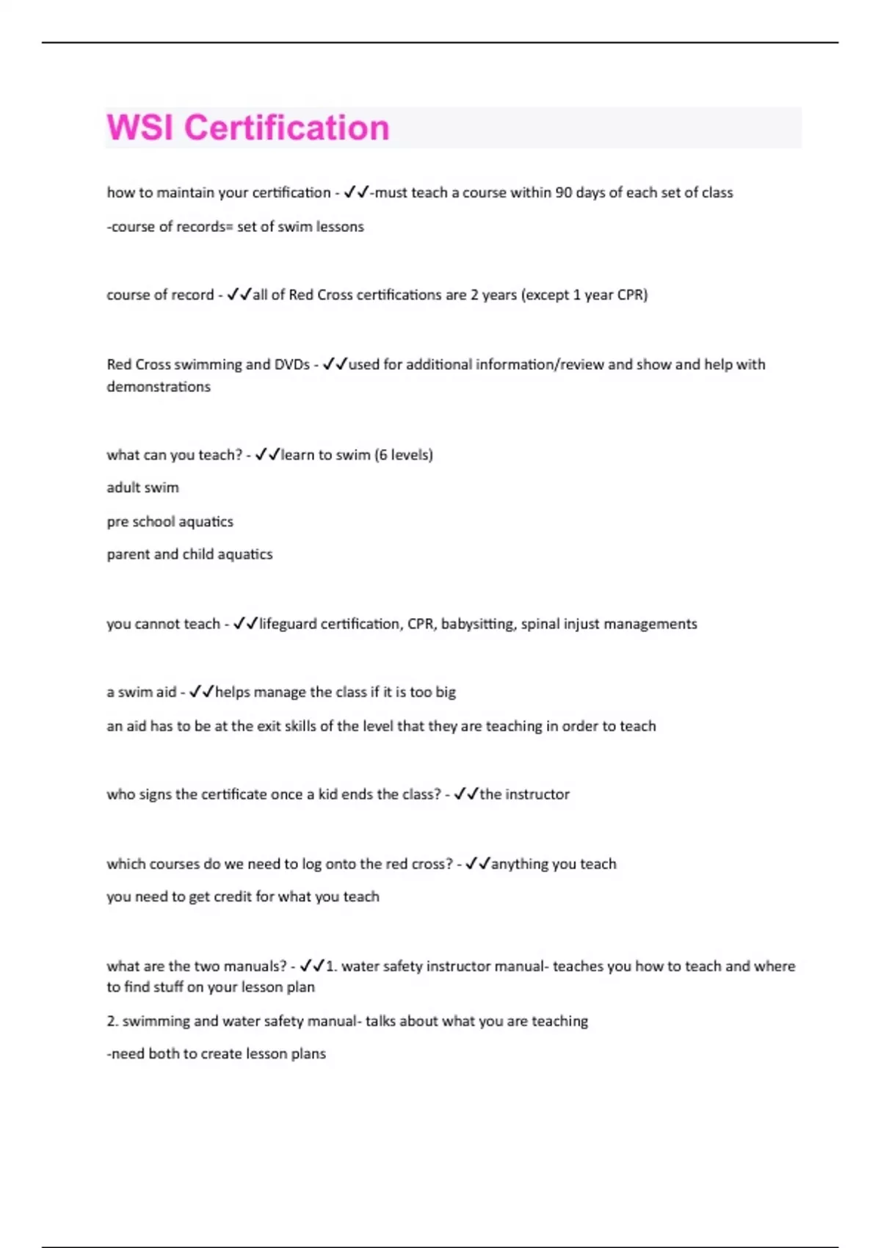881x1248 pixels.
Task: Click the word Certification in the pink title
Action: click(x=286, y=128)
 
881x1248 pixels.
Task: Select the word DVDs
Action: click(x=292, y=364)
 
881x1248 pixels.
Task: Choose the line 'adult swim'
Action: click(x=142, y=487)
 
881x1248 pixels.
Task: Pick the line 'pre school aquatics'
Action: click(x=170, y=521)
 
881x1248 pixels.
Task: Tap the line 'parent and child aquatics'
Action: click(x=189, y=554)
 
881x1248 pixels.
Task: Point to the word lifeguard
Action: click(x=289, y=623)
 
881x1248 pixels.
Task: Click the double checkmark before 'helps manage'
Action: click(x=201, y=692)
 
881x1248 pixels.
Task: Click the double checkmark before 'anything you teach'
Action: click(x=477, y=863)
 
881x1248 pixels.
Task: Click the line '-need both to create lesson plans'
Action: click(x=216, y=1053)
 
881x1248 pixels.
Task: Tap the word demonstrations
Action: click(x=159, y=386)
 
